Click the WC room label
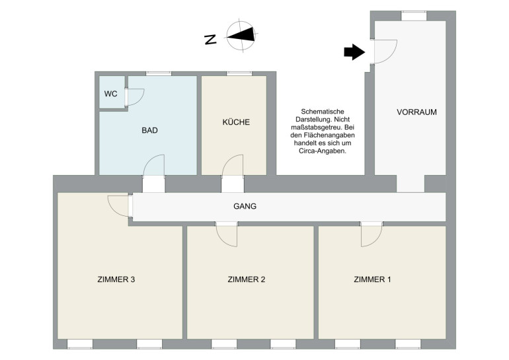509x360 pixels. coord(110,94)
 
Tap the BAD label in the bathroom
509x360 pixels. coord(149,130)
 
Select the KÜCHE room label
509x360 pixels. coord(236,122)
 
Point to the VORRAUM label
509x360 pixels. coord(416,112)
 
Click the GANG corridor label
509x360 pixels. coord(245,206)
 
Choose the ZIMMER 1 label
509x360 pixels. coord(372,279)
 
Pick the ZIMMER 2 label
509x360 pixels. coord(247,279)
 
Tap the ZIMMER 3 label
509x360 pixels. coord(116,279)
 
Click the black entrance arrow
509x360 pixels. coord(354,52)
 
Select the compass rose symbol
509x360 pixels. coord(241,36)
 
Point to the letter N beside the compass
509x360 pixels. coord(211,40)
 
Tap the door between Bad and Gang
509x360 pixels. coord(154,165)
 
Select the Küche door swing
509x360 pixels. coord(233,165)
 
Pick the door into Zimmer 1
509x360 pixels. coord(372,234)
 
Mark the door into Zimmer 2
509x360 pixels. coord(227,234)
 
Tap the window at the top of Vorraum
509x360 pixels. coord(414,16)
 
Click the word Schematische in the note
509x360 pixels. coord(323,112)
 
